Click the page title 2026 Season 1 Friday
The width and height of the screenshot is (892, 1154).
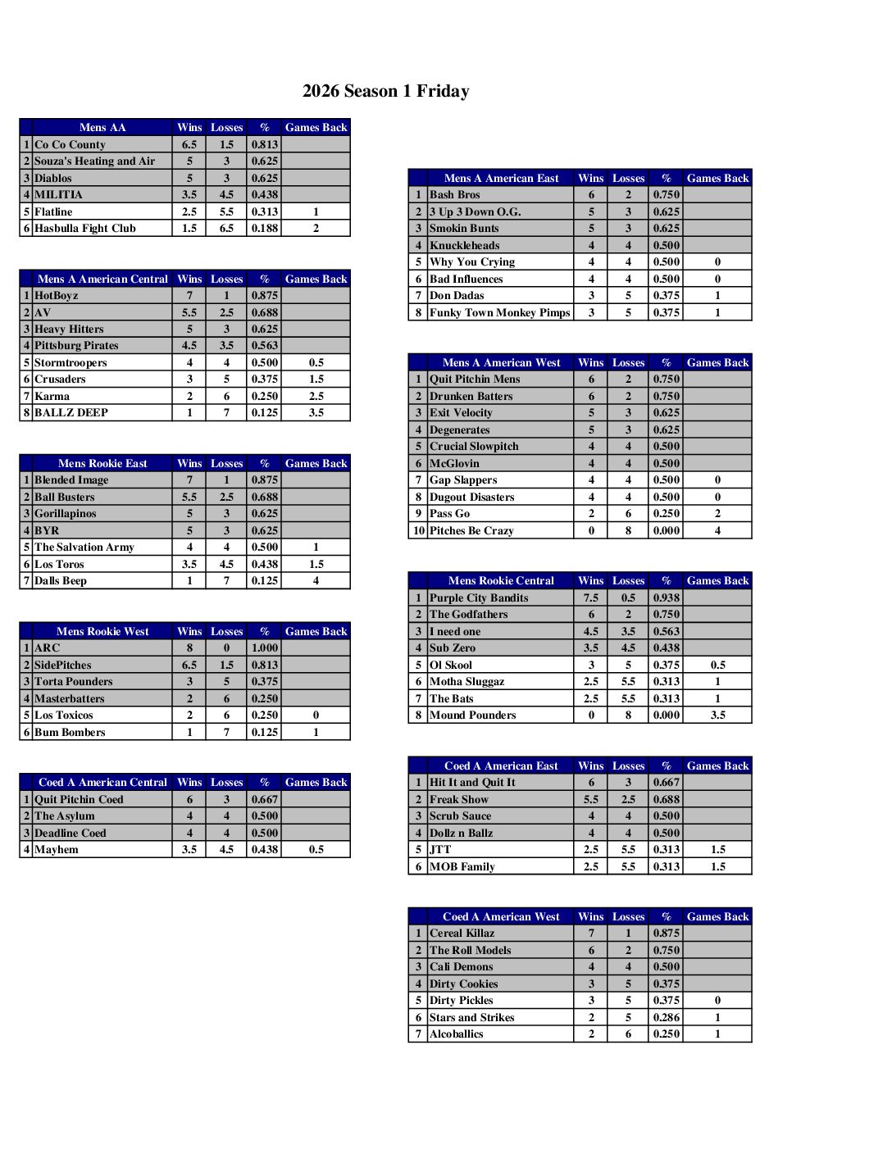tap(385, 91)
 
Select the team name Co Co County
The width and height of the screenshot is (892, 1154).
tap(71, 144)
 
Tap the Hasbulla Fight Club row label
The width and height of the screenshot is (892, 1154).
tap(85, 229)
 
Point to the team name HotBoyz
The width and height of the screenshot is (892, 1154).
tap(57, 296)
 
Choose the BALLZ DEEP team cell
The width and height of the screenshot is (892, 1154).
tap(71, 413)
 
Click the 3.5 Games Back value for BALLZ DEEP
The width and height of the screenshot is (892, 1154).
tap(316, 413)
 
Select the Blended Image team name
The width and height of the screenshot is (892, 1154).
tap(71, 480)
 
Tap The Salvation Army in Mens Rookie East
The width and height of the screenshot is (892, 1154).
tap(84, 547)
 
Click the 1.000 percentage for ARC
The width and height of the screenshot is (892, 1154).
tap(265, 648)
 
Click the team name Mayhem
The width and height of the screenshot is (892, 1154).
tap(57, 850)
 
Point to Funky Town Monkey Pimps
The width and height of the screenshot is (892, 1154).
tap(500, 313)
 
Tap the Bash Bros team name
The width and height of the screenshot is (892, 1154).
tap(455, 195)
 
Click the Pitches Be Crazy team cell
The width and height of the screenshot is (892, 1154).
tap(471, 531)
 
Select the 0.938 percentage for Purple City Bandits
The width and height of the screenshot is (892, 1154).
tap(667, 598)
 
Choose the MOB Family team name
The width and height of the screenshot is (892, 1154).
tap(462, 867)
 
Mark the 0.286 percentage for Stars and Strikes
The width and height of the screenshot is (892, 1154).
tap(667, 1018)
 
